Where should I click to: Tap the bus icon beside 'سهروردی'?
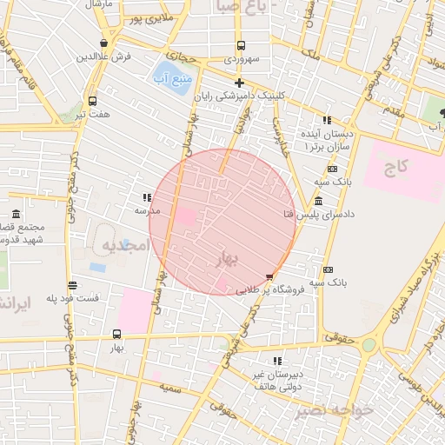tap(241, 46)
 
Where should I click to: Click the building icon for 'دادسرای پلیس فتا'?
tap(319, 202)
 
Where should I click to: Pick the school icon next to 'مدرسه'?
tap(147, 198)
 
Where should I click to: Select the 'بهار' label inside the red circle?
tap(223, 259)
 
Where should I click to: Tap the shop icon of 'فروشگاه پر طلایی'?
tap(269, 277)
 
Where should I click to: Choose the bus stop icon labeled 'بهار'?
tap(117, 334)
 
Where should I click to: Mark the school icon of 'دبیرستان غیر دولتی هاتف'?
tap(276, 360)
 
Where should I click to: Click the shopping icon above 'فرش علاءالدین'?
tap(104, 43)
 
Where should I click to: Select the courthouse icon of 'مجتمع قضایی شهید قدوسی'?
tap(17, 215)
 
